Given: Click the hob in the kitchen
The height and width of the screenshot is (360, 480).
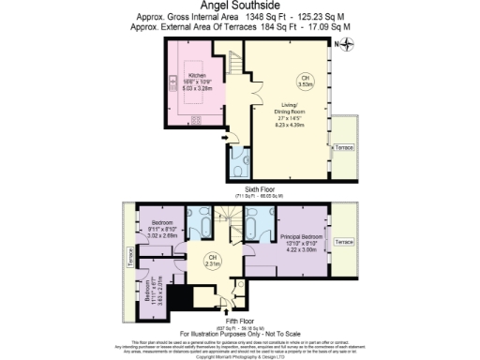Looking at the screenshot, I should click(196, 120).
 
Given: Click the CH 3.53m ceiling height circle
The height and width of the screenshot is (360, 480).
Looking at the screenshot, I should click(303, 81).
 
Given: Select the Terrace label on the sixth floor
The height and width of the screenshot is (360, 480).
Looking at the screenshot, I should click(344, 149).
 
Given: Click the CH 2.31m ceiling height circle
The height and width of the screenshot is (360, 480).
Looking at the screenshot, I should click(213, 262).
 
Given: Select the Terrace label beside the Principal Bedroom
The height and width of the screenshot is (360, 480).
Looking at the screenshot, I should click(344, 242).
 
